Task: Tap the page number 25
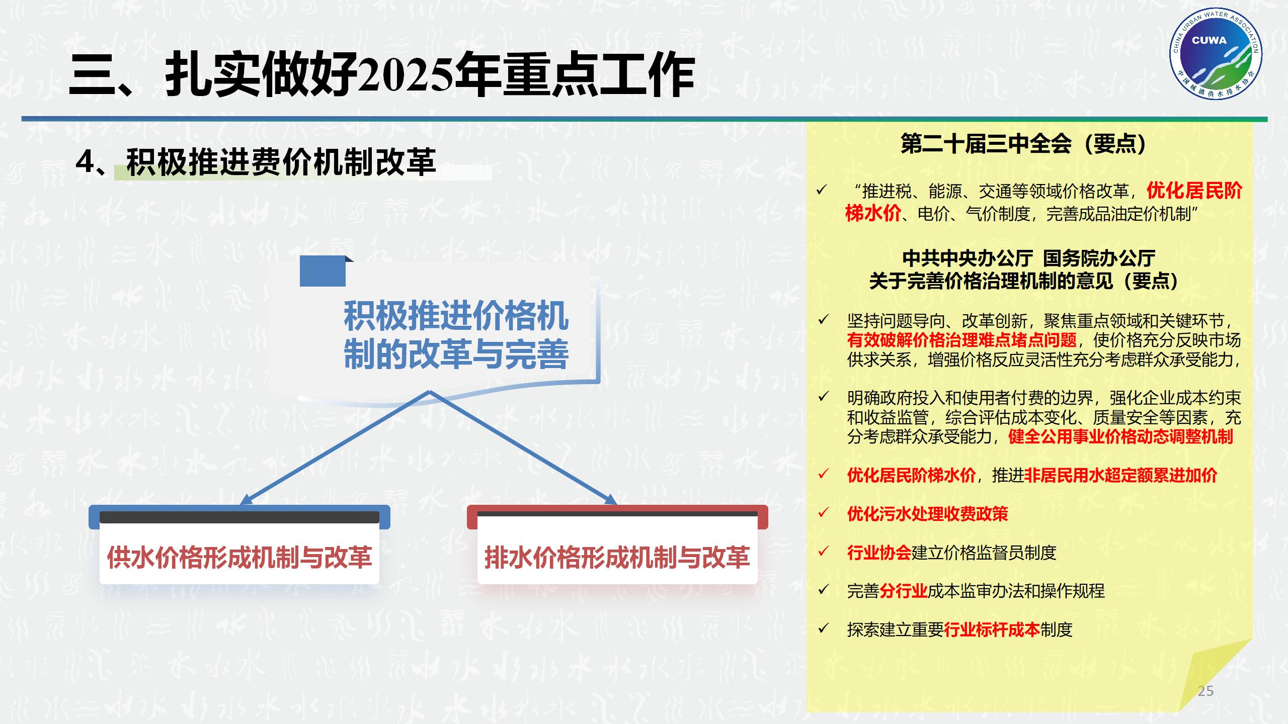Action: pos(1205,691)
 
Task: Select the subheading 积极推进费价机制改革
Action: pos(281,162)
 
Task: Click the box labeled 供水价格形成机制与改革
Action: pos(239,557)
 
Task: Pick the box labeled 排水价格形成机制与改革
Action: pos(617,557)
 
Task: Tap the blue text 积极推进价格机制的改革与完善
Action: pos(456,335)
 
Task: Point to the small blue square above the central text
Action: pos(323,271)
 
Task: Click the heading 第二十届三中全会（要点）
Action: pos(1023,144)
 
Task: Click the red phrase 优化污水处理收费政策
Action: pos(927,514)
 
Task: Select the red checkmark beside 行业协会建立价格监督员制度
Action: pos(823,552)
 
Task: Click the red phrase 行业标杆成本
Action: pos(992,629)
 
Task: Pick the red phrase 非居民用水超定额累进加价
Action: pos(1120,475)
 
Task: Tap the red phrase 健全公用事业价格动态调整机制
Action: pos(1120,436)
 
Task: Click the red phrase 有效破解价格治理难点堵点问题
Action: pos(961,340)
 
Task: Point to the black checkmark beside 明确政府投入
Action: pos(823,397)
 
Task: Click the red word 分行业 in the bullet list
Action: pos(903,591)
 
